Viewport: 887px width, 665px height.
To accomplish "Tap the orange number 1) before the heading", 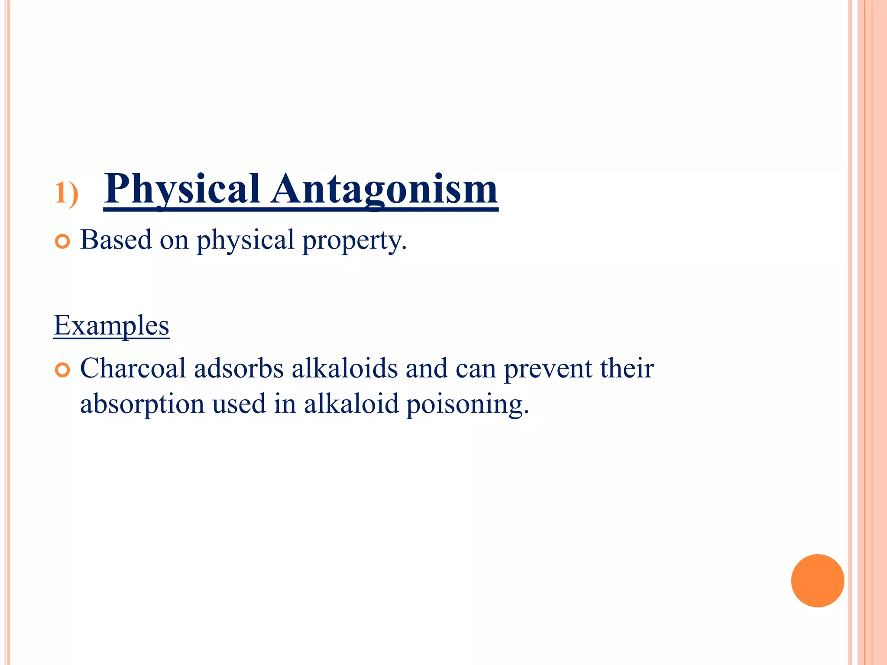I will click(x=66, y=193).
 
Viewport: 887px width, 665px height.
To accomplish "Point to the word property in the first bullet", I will click(x=354, y=240).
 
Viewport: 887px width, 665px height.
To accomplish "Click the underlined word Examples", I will click(x=111, y=325).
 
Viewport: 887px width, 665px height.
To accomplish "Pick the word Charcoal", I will click(x=133, y=368).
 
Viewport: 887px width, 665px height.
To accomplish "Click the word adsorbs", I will click(x=239, y=368).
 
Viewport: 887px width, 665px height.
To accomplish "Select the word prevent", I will click(x=548, y=369).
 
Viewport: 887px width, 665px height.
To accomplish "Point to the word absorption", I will click(x=142, y=404).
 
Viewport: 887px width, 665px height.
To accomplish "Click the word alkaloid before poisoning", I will click(x=351, y=404).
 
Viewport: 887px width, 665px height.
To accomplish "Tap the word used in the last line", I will click(x=239, y=404).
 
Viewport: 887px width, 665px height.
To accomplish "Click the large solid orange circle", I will click(x=817, y=581).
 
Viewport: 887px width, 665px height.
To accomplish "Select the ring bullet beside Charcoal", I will click(x=63, y=371).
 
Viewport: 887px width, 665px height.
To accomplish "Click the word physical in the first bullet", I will click(x=245, y=240).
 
